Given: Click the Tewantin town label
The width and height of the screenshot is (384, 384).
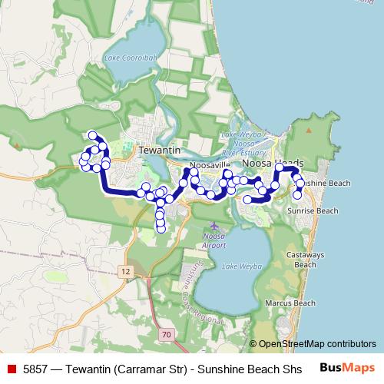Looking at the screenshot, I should point(158,151).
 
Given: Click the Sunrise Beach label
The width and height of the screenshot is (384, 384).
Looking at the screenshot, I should point(312,210).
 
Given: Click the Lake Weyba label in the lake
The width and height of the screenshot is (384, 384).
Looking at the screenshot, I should point(236,266).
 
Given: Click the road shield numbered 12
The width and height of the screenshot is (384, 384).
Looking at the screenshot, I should point(126,271).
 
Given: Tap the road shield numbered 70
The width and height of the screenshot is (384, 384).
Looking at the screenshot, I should point(167,335).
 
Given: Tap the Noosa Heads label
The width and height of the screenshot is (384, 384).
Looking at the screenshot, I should point(273,164).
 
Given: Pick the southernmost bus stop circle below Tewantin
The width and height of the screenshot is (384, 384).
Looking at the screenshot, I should point(161,227).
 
